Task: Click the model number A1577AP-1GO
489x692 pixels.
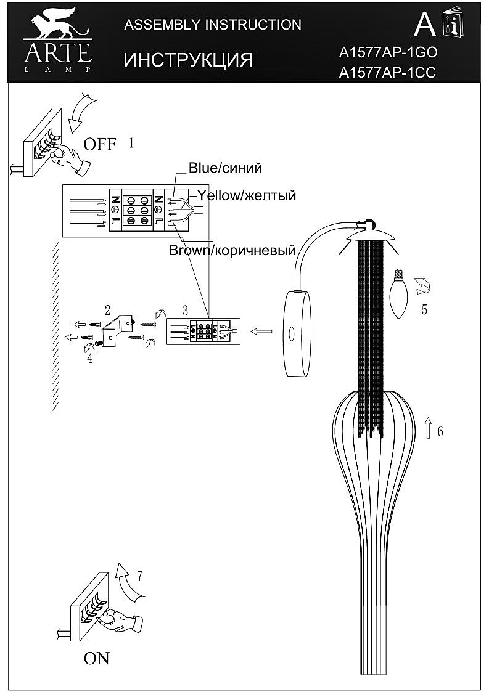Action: [x=388, y=53]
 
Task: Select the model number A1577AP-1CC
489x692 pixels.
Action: [x=388, y=73]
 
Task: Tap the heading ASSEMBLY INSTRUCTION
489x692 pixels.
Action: [x=213, y=25]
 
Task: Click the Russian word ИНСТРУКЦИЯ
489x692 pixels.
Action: [x=189, y=60]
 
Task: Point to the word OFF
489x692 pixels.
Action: [x=99, y=145]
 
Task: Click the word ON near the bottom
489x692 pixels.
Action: [x=97, y=658]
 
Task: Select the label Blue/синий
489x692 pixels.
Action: [x=225, y=168]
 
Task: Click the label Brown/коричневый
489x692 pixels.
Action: [x=232, y=251]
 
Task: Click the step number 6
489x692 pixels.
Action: [x=440, y=431]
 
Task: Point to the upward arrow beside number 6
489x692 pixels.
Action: [x=427, y=427]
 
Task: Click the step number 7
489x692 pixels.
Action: [x=140, y=577]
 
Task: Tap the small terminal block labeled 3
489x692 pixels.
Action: [x=203, y=332]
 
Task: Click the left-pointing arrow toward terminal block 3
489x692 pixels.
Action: [x=261, y=332]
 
